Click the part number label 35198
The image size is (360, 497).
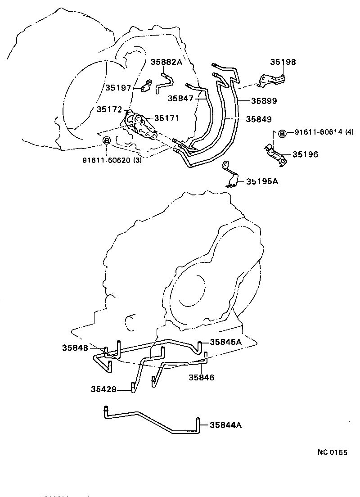point(283,62)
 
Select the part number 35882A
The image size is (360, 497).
point(166,62)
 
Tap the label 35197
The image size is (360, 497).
point(118,88)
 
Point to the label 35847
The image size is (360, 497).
point(180,98)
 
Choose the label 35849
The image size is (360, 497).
point(259,119)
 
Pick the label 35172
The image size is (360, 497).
point(109,109)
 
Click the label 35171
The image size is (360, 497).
point(166,118)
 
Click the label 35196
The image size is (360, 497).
point(305,154)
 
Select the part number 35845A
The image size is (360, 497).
point(225,342)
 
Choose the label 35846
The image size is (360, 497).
point(201,377)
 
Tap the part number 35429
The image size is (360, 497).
point(103,389)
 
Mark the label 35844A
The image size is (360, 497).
point(225,425)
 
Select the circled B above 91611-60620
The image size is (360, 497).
point(107,141)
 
